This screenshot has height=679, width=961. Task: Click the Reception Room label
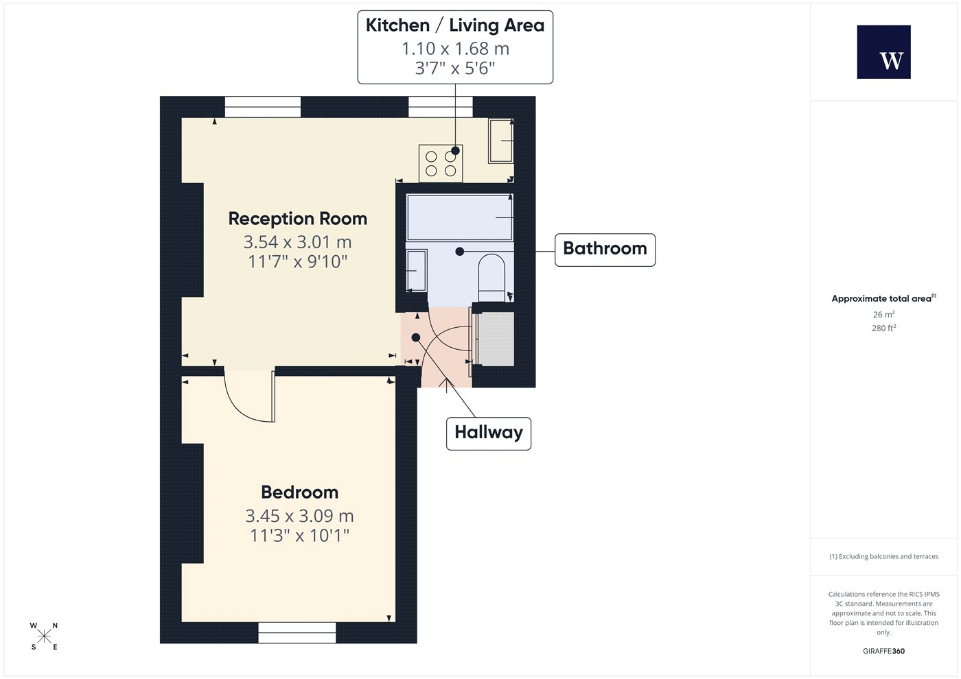[x=298, y=219]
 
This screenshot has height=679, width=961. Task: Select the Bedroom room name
[x=299, y=492]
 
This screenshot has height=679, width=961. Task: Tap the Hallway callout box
[x=489, y=433]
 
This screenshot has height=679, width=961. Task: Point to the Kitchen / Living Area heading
[x=455, y=25]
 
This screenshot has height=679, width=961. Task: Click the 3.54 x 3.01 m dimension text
[x=298, y=242]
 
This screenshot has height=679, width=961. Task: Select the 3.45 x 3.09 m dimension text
[x=299, y=516]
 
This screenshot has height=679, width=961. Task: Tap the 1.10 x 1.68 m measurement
[x=455, y=49]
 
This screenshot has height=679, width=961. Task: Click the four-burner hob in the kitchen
[x=441, y=163]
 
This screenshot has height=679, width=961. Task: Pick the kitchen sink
[x=500, y=141]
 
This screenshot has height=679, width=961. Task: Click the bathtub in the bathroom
[x=459, y=217]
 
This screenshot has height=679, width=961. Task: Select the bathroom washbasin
[x=417, y=270]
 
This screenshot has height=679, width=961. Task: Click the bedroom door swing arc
[x=240, y=407]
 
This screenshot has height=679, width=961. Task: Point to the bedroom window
[x=297, y=632]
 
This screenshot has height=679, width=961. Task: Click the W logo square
[x=884, y=52]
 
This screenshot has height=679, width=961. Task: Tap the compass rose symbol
[x=44, y=636]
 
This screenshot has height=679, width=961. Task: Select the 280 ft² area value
[x=884, y=328]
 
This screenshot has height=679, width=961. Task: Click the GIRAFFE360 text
[x=884, y=651]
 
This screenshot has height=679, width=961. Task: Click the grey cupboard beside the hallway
[x=496, y=339]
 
